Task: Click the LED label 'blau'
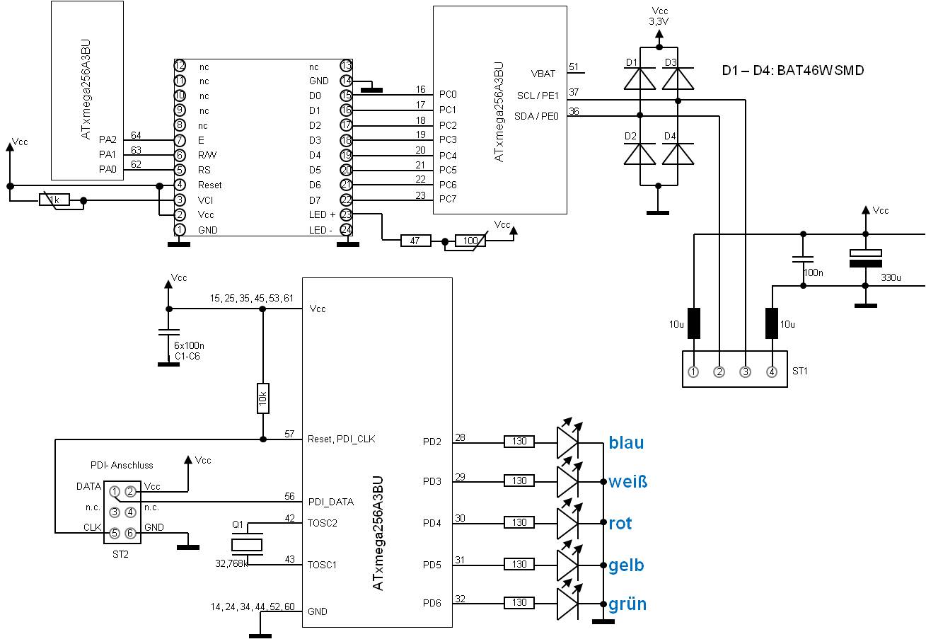coord(626,443)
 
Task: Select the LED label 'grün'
coord(627,604)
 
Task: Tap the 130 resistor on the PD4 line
coord(519,523)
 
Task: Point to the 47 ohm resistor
coord(415,241)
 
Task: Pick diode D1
coord(639,79)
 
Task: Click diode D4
coord(678,154)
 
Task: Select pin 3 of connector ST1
coord(746,372)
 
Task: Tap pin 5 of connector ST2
coord(114,534)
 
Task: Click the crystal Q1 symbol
coord(247,544)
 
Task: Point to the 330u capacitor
coord(865,258)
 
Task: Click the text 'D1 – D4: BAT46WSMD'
coord(792,71)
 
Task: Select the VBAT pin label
coord(543,73)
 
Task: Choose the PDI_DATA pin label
coord(331,502)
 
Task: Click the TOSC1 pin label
coord(323,565)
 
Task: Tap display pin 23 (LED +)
coord(346,214)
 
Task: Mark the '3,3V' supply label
coord(659,22)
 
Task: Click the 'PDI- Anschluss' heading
coord(122,465)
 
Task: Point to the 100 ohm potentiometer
coord(470,241)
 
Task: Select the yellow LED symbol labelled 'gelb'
coord(567,565)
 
